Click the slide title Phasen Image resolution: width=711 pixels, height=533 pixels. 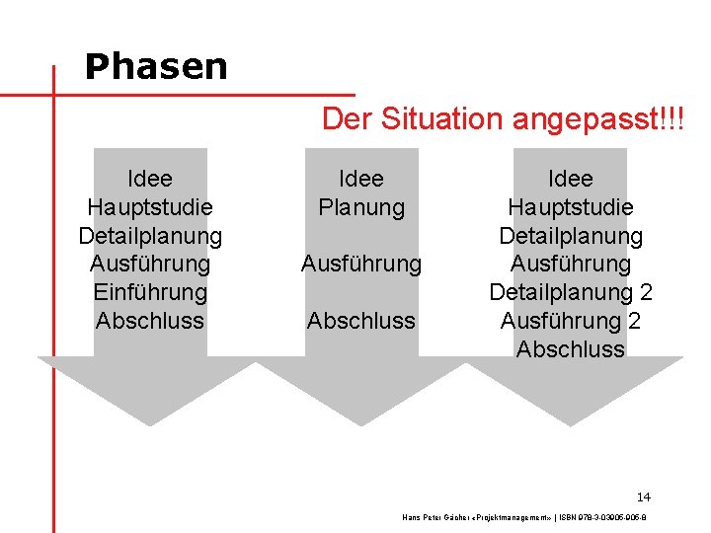click(156, 67)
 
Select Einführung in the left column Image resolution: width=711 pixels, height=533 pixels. click(150, 292)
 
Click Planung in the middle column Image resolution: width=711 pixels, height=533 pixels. click(361, 207)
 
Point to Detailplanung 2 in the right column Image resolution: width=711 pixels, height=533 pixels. click(571, 292)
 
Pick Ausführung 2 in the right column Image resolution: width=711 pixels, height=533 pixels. click(571, 321)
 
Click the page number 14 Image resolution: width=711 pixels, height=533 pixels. click(644, 496)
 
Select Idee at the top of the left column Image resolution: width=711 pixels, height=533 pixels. click(150, 179)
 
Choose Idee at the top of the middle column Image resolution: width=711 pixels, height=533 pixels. click(361, 179)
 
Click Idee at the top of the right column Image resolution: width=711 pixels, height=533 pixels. click(571, 179)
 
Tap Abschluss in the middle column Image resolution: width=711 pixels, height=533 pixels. click(361, 321)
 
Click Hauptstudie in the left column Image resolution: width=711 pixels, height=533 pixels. click(150, 207)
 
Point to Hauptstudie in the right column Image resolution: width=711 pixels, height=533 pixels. click(571, 207)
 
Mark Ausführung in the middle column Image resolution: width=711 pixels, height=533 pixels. click(361, 264)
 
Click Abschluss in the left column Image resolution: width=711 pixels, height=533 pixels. click(150, 321)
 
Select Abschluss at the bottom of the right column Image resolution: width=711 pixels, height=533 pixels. click(571, 349)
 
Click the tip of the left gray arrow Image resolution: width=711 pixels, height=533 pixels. click(148, 424)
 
